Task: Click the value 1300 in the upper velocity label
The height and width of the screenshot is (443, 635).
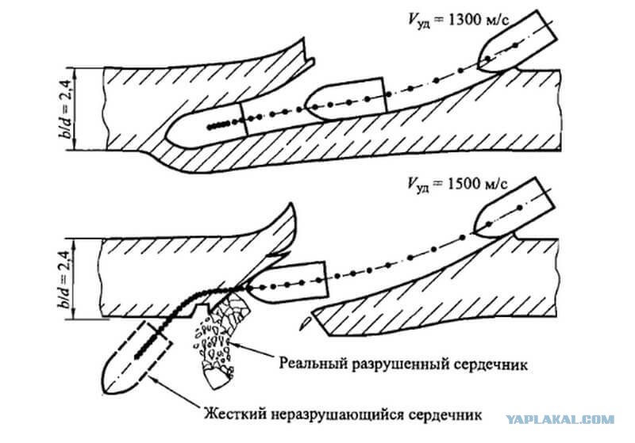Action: [463, 21]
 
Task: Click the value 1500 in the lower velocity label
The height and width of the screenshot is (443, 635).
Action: [464, 184]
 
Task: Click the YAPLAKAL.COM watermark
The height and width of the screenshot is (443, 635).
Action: [560, 420]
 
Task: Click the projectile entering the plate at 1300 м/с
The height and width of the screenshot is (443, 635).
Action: [518, 43]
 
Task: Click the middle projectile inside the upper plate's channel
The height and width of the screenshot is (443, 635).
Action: [346, 99]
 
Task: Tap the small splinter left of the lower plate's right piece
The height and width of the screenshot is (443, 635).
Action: [306, 322]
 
